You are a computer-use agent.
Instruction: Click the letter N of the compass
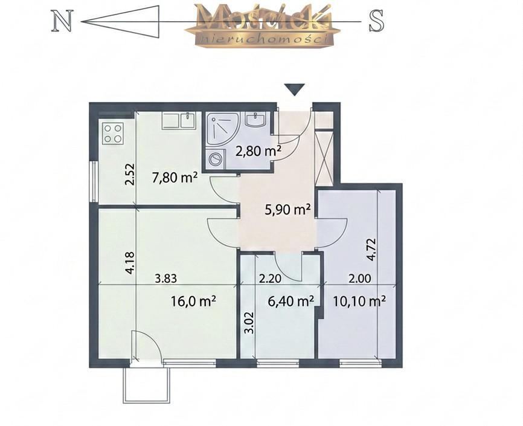coord(62,21)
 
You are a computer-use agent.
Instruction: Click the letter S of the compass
coord(376,21)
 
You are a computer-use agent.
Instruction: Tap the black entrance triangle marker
coord(295,89)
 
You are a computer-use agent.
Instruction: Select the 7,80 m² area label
coord(175,177)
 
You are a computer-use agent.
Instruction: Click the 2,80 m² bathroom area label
coord(258,151)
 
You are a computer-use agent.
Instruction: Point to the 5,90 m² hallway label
coord(287,210)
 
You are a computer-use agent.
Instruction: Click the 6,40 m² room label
coord(291,301)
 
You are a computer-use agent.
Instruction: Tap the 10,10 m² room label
coord(359,302)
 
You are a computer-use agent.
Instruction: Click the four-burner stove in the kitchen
coord(112,134)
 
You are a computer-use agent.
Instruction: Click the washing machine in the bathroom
coord(215,159)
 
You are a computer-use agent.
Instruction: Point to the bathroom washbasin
coord(256,119)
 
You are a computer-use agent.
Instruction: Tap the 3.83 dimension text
coord(165,278)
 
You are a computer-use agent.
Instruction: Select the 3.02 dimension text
coord(249,323)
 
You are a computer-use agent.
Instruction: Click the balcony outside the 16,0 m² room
coord(147,385)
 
